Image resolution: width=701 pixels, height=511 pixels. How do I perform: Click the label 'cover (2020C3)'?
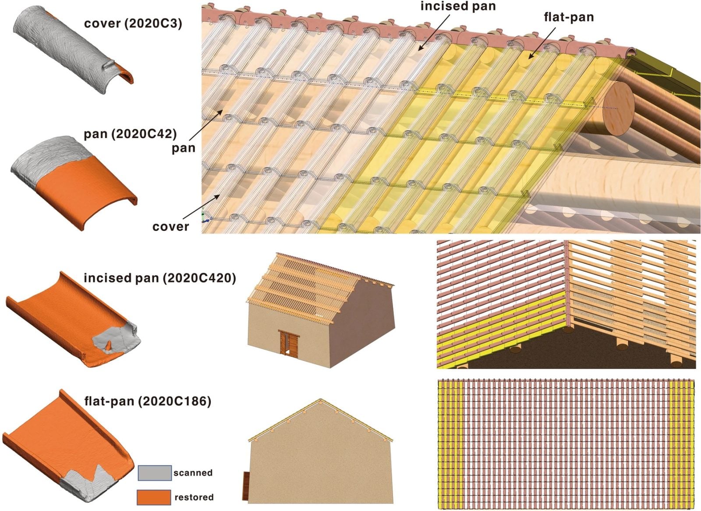pos(133,23)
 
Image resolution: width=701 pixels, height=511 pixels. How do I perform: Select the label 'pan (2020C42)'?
pos(130,134)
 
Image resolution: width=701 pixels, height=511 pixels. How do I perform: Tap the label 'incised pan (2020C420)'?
pos(159,278)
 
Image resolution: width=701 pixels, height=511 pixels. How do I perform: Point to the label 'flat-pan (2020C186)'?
pos(148,401)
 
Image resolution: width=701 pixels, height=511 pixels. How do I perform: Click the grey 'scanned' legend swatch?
pos(154,473)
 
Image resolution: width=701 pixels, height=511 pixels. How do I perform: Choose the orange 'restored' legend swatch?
pos(154,497)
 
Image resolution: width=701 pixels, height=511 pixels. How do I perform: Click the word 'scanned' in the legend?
pos(193,473)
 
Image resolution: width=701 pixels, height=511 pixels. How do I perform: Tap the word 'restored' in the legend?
pos(194,497)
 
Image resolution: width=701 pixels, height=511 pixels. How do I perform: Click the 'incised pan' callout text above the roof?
pos(458,6)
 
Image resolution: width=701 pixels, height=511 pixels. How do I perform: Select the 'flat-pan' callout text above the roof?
pos(569,17)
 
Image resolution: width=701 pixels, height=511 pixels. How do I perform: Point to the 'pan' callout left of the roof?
pos(183,148)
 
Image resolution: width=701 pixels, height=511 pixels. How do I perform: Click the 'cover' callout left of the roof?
pos(170,227)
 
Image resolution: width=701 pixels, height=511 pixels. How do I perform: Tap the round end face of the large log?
pos(618,107)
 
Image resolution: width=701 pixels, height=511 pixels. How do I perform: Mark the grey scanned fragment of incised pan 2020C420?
pos(116,337)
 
